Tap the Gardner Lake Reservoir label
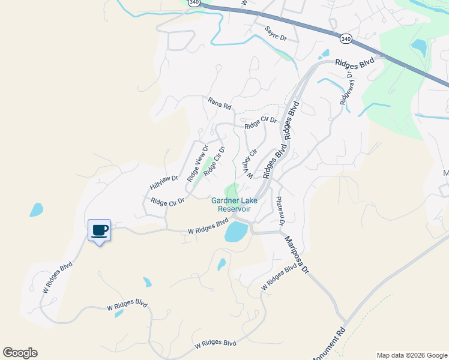coord(231,205)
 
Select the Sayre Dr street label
coord(276,34)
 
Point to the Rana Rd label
coord(220,104)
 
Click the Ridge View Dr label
coord(197,164)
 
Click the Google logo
coord(20,353)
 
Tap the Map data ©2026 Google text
coord(412,355)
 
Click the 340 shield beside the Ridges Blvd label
coord(345,38)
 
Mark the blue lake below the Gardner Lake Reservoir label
coord(236,231)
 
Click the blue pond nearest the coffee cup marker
coord(37,209)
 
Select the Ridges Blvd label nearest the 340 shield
coord(354,62)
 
